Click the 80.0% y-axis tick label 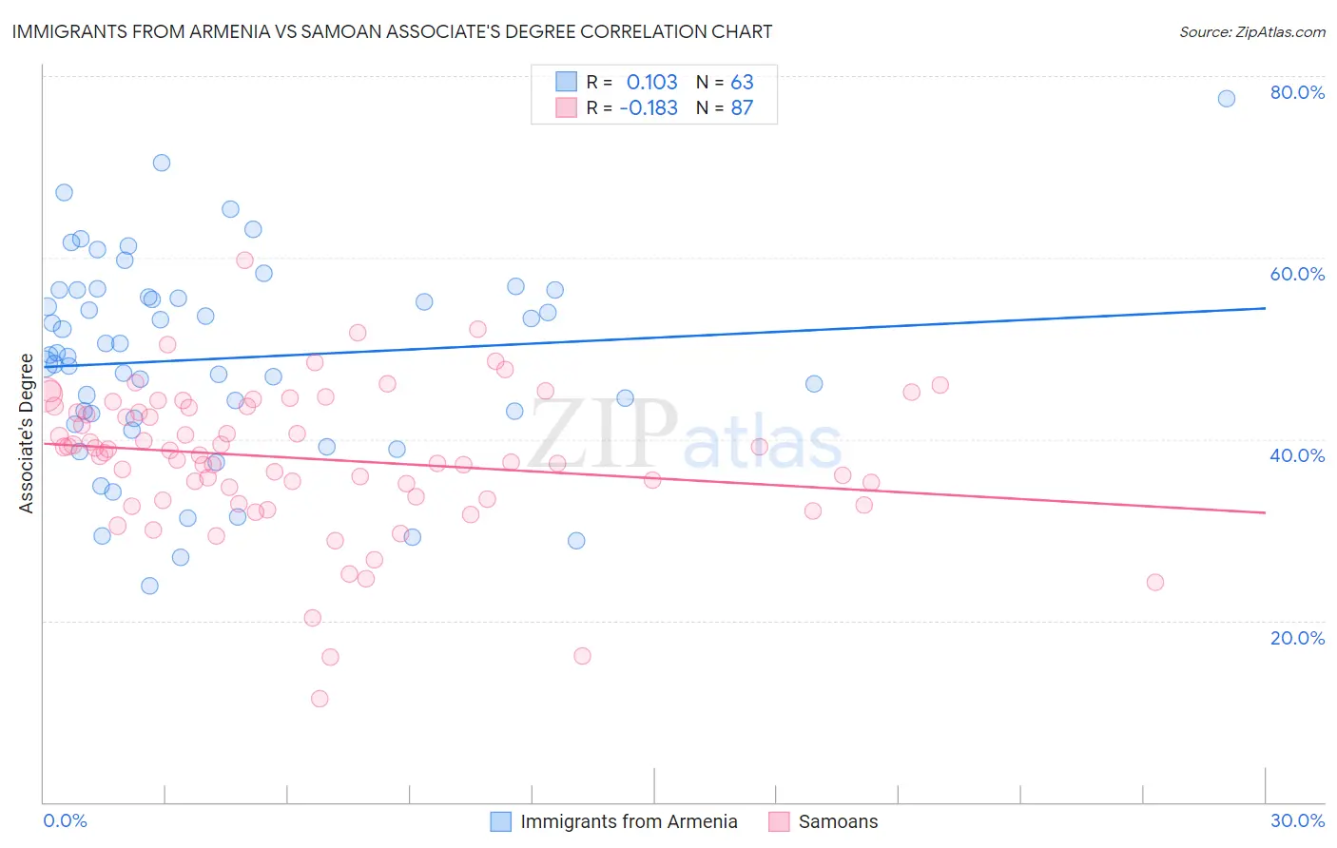1297,92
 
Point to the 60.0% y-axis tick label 1297,274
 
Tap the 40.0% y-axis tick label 1297,455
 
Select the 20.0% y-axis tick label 1297,638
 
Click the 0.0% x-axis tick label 65,820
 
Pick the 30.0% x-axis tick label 1297,820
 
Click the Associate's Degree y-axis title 27,434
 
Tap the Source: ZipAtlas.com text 1251,31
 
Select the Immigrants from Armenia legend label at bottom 629,821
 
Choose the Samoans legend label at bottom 838,821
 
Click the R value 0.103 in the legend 651,82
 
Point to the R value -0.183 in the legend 648,107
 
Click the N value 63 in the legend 742,82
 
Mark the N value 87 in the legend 742,107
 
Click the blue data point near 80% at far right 1227,99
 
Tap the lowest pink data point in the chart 320,699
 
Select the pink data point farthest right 1155,582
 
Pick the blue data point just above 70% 162,163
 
